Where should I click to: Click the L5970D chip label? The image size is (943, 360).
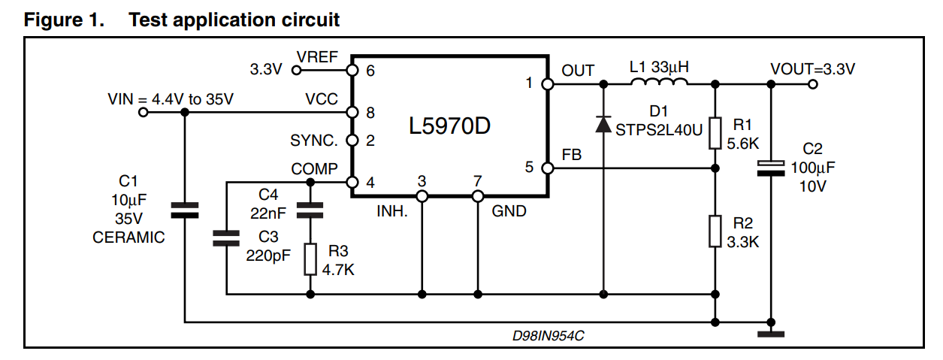[x=449, y=126]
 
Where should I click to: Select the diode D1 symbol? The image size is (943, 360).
[x=603, y=124]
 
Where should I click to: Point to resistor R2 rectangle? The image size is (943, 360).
[x=715, y=231]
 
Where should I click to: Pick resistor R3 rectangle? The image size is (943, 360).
[x=310, y=259]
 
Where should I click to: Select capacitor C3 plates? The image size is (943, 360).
[x=226, y=238]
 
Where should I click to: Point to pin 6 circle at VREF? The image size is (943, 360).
[x=350, y=70]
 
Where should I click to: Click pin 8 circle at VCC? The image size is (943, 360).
[x=350, y=112]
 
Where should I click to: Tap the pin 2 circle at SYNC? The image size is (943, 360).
[x=350, y=141]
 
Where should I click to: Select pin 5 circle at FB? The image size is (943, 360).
[x=547, y=168]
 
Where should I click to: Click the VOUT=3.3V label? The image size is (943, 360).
[x=813, y=69]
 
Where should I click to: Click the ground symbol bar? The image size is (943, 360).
[x=771, y=334]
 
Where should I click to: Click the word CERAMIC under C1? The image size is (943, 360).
[x=128, y=237]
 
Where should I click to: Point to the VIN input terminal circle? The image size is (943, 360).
[x=143, y=112]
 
